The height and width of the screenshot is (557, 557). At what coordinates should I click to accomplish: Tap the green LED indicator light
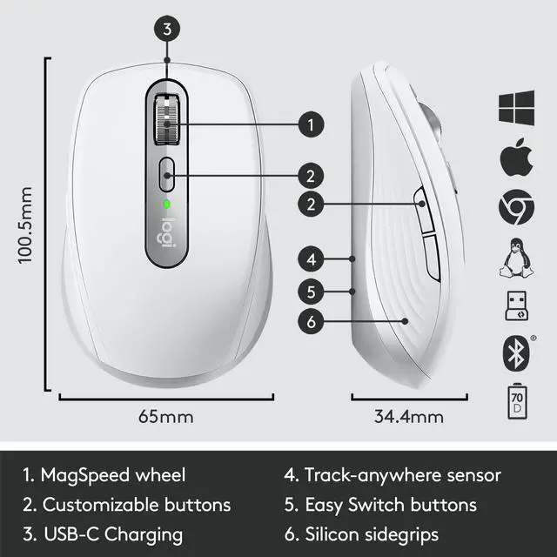(x=165, y=205)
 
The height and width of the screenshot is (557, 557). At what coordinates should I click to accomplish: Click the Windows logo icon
(x=514, y=109)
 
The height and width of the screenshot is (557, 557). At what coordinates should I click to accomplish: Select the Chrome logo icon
(x=514, y=208)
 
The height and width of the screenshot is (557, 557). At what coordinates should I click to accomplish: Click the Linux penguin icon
(x=514, y=258)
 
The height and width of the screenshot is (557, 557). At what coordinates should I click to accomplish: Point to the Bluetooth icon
(x=514, y=352)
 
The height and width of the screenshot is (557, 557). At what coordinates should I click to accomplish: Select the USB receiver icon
(x=514, y=305)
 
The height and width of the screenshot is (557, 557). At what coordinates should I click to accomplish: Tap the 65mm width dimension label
(x=165, y=416)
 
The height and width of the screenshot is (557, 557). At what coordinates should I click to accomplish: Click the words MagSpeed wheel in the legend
(x=113, y=475)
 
